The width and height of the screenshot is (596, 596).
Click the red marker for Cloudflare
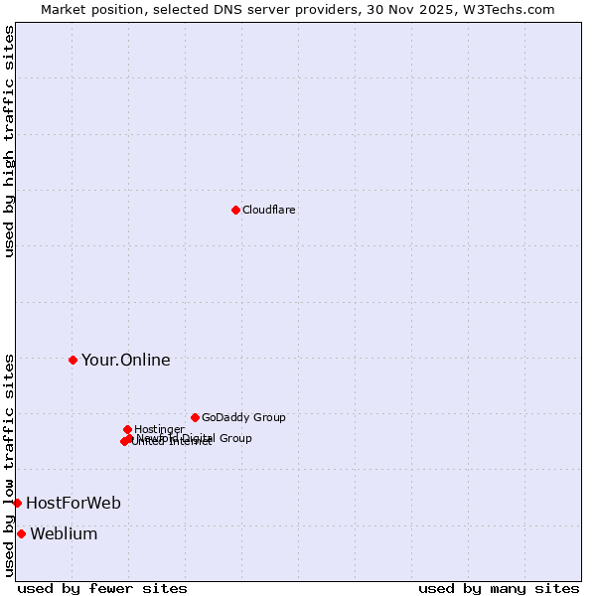tap(235, 210)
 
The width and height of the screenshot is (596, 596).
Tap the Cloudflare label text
tap(269, 210)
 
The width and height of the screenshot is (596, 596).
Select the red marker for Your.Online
tap(73, 360)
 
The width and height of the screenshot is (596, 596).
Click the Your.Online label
tap(126, 360)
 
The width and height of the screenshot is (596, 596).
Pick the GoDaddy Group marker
tap(195, 417)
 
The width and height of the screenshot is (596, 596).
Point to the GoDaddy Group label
tap(243, 417)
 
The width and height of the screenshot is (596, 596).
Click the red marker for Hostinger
tap(127, 429)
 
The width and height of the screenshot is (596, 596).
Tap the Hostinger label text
tap(159, 429)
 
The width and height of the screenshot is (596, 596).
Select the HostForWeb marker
tap(17, 503)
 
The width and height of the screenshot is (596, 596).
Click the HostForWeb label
tap(74, 503)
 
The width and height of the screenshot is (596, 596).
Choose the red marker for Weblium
tap(21, 533)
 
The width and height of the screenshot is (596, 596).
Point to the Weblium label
tap(64, 533)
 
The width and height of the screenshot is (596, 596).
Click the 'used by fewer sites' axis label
tap(102, 588)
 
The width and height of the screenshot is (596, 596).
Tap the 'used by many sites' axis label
tap(499, 588)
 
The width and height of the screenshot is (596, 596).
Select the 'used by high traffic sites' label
tap(9, 141)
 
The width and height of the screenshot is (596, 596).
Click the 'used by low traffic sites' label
tap(9, 464)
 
